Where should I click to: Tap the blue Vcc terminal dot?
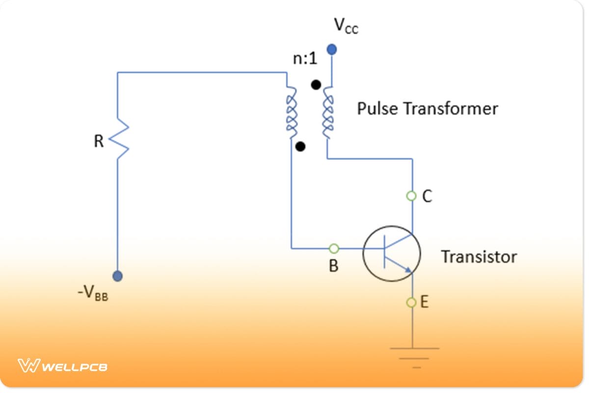[332, 49]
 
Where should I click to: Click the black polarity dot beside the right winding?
[316, 84]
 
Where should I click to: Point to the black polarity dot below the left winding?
[300, 146]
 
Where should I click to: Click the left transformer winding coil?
[291, 112]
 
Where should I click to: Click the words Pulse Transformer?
[427, 109]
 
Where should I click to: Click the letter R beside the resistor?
[99, 141]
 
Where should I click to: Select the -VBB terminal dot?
[117, 276]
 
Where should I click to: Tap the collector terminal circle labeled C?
[411, 196]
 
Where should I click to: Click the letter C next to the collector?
[427, 196]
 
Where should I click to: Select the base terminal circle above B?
[334, 248]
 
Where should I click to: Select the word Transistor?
[478, 257]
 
